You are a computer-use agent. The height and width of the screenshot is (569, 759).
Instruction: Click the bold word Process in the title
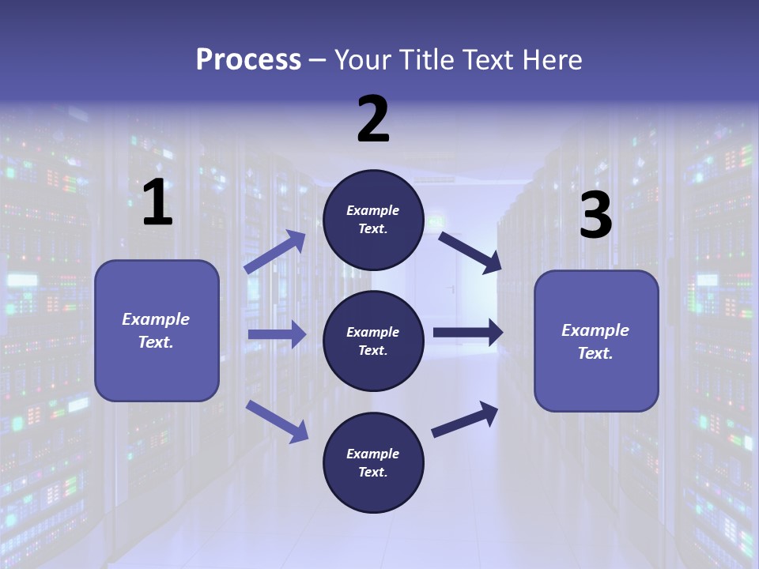pos(248,60)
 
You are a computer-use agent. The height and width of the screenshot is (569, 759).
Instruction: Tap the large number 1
pos(157,203)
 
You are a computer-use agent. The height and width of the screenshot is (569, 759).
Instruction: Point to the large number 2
pos(373,119)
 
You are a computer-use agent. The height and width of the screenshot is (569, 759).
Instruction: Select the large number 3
pos(595,216)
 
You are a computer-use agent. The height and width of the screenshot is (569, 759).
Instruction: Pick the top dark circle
pos(373,220)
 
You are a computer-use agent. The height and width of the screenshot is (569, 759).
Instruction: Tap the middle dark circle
pos(373,341)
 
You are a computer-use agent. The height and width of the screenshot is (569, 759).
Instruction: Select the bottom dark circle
pos(373,463)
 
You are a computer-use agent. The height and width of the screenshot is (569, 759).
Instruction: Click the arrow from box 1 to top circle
pos(275,252)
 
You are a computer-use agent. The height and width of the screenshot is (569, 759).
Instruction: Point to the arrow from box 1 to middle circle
pos(277,334)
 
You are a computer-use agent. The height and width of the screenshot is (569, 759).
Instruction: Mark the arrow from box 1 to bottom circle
pos(277,421)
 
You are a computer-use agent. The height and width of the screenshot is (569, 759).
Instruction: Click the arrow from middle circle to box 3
pos(468,333)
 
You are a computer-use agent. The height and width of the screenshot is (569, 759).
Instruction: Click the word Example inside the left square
pos(156,319)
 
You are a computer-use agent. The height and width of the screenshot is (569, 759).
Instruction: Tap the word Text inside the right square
pos(595,353)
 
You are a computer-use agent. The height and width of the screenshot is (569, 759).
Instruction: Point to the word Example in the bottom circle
pos(373,454)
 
